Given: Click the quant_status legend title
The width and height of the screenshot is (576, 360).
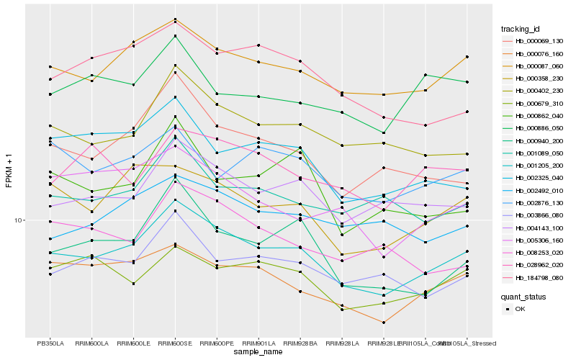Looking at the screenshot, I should pyautogui.click(x=523, y=297).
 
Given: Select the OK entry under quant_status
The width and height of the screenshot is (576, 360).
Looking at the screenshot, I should pyautogui.click(x=521, y=309).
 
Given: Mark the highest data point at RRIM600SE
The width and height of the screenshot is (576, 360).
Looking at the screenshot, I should pyautogui.click(x=174, y=19).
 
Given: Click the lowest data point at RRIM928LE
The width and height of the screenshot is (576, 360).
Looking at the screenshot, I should pyautogui.click(x=384, y=323).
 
